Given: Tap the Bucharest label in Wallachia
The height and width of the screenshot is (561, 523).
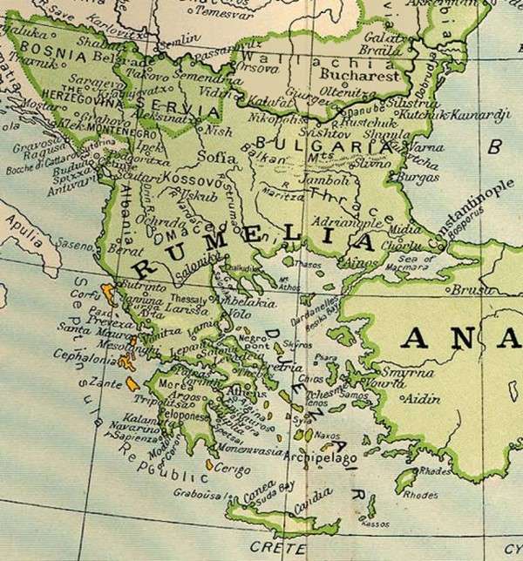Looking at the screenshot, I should click(x=365, y=76).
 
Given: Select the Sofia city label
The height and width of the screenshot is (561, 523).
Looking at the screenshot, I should click(x=218, y=158).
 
